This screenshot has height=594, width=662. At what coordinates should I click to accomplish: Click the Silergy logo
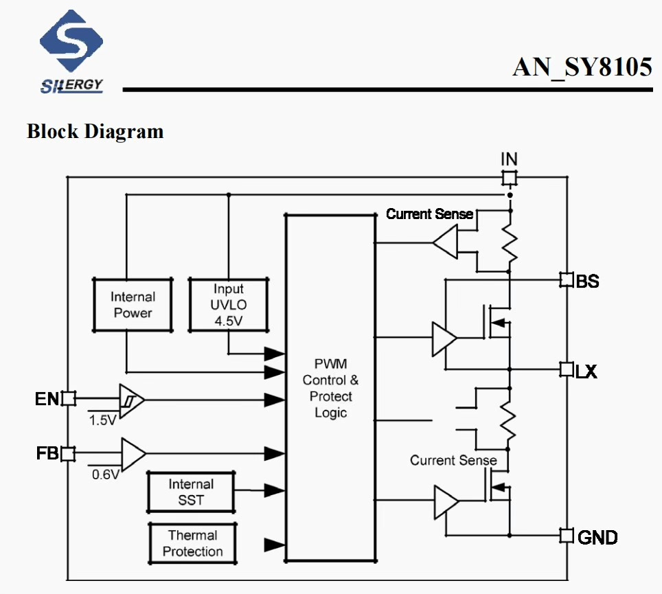click(x=72, y=52)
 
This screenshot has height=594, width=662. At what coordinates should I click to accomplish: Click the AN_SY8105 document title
click(x=582, y=67)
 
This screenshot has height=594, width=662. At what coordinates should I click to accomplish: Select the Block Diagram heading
click(x=95, y=131)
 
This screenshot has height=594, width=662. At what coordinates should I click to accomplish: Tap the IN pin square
click(x=509, y=179)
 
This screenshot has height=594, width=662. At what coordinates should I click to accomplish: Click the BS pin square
click(x=567, y=280)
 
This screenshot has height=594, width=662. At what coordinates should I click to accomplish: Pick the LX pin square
click(x=567, y=370)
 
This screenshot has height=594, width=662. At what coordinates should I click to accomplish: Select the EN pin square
click(x=68, y=398)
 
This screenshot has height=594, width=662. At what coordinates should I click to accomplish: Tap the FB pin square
click(x=68, y=453)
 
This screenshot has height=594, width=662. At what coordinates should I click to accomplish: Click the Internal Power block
click(x=133, y=305)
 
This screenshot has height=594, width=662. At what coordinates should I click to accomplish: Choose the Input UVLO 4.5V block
click(x=228, y=305)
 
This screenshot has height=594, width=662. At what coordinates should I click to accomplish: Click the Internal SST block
click(x=190, y=492)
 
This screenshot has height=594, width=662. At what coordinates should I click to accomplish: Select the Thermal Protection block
click(x=192, y=543)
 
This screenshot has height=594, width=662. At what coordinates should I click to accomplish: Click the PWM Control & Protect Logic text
click(x=330, y=387)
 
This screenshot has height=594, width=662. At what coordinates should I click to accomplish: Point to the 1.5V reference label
click(x=103, y=420)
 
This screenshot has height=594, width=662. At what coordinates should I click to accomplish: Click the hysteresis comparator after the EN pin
click(x=130, y=399)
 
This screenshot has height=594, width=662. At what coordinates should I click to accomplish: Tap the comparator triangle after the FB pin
click(x=133, y=453)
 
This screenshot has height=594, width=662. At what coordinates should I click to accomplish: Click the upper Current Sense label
click(x=429, y=214)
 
